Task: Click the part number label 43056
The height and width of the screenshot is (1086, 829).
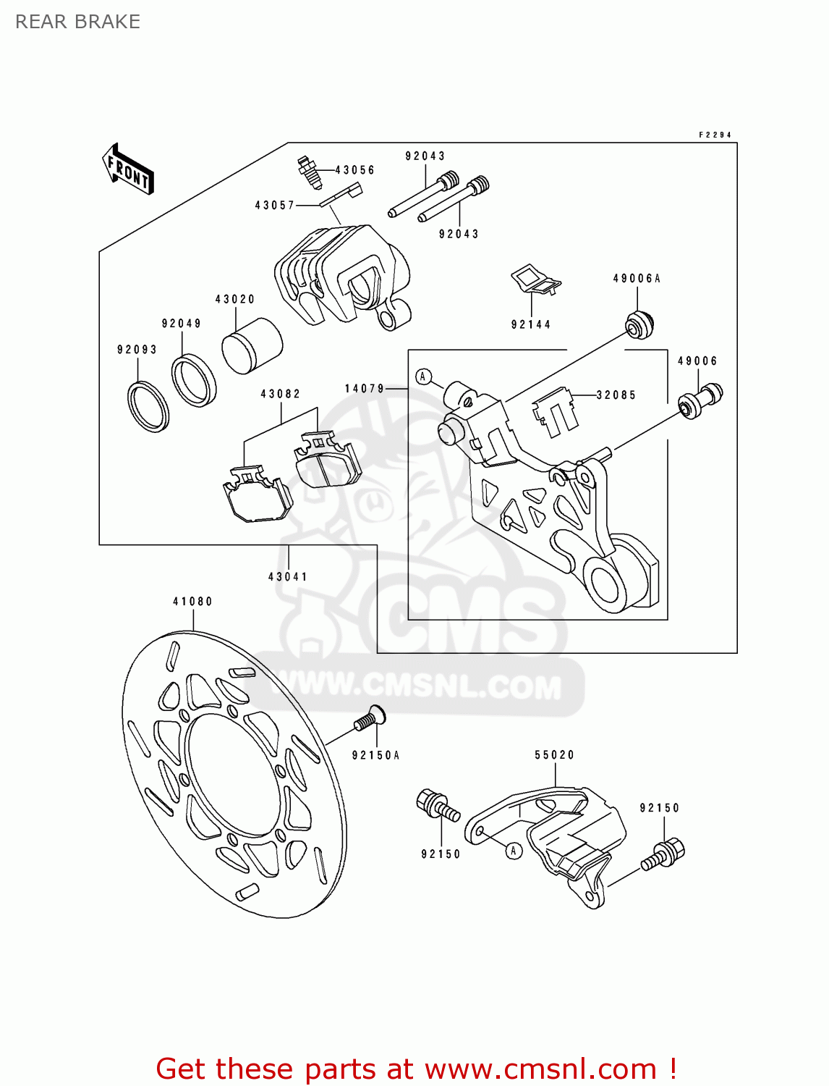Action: pos(354,170)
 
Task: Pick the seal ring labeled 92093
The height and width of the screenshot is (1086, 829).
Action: pos(148,405)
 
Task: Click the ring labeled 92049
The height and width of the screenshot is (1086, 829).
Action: pos(194,380)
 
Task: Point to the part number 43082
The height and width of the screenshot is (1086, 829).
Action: pos(281,394)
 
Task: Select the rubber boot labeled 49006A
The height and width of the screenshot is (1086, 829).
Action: pos(639,323)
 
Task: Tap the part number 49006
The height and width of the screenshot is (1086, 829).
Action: pos(697,361)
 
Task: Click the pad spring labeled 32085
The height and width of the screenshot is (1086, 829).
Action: pos(555,413)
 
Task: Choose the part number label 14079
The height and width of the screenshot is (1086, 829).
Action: pos(364,389)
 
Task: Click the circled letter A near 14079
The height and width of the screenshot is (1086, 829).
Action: pos(424,376)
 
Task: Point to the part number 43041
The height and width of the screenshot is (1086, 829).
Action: pos(288,577)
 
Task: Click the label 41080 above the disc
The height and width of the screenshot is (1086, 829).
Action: pos(193,602)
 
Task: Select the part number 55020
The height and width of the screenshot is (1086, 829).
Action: pos(555,754)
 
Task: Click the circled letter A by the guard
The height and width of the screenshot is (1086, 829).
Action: pos(513,851)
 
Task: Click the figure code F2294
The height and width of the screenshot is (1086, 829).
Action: pos(715,135)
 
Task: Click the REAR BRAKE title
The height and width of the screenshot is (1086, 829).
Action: pos(77,22)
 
